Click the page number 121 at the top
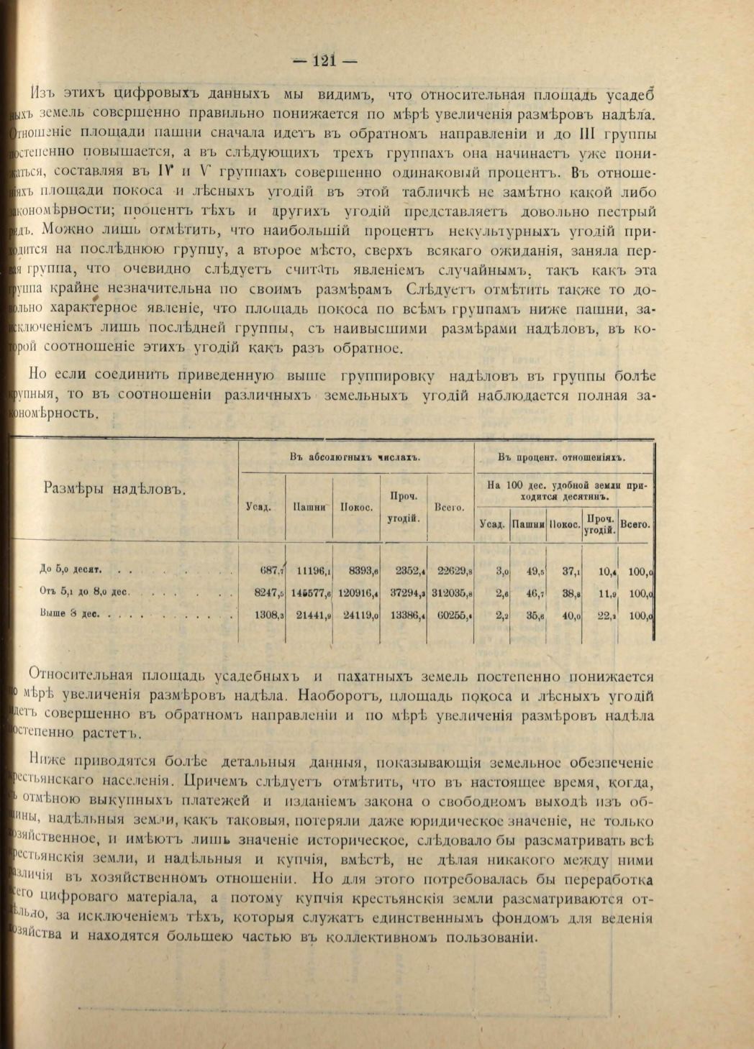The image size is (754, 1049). (x=324, y=61)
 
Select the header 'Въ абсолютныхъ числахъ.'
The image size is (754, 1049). (x=356, y=457)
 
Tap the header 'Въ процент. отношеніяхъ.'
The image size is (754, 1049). (x=562, y=457)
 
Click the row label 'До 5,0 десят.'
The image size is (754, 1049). (x=70, y=570)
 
